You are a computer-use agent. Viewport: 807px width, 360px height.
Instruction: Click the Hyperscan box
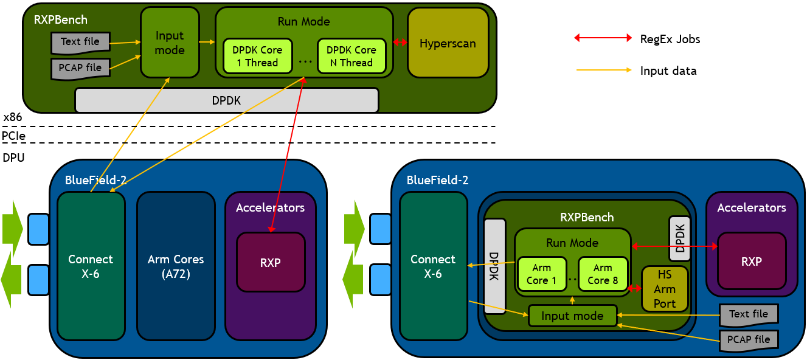point(448,43)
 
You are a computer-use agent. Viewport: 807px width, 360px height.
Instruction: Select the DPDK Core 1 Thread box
point(257,56)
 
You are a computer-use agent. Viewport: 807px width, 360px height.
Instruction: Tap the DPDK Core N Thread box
point(352,56)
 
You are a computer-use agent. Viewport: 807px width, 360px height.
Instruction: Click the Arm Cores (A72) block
point(176,266)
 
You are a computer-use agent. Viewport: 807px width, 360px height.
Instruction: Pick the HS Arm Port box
point(665,289)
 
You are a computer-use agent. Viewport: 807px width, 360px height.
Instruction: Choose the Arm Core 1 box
point(541,274)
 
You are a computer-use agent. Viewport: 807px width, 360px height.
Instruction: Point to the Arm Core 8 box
point(603,274)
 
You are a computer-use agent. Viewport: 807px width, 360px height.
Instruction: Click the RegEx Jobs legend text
point(670,39)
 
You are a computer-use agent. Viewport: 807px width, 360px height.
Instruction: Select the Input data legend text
point(668,71)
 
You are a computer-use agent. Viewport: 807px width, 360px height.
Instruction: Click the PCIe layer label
point(13,136)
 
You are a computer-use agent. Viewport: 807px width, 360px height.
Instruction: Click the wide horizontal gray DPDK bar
point(226,100)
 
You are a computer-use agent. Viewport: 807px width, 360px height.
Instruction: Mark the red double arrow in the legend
point(603,38)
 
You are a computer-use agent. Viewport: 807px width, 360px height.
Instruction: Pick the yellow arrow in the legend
point(603,71)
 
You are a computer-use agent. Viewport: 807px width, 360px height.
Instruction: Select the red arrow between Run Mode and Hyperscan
point(400,43)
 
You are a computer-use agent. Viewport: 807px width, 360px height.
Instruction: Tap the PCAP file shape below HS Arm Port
point(749,339)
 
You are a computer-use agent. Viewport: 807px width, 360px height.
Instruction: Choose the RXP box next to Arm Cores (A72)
point(270,263)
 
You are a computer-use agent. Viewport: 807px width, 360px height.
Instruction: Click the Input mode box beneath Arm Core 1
point(572,316)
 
